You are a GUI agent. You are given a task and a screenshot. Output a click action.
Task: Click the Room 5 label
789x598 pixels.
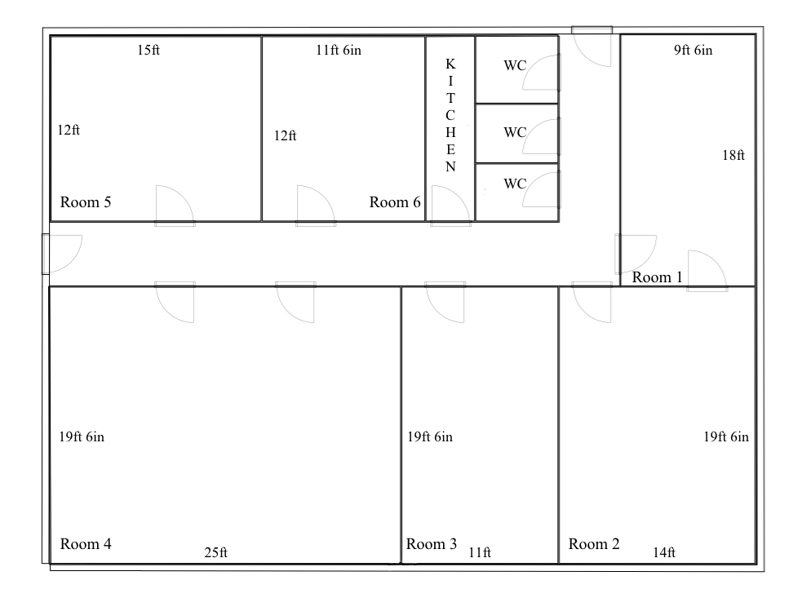click(x=86, y=202)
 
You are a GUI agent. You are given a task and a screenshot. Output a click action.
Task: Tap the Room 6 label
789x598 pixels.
click(x=395, y=202)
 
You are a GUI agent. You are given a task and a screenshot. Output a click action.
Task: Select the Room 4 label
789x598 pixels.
click(x=86, y=543)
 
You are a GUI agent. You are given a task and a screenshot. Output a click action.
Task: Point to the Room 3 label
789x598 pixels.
click(x=432, y=543)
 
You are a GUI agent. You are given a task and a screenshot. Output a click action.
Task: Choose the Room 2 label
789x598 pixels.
click(x=594, y=543)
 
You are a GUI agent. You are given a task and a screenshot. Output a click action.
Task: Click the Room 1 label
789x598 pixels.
click(x=657, y=277)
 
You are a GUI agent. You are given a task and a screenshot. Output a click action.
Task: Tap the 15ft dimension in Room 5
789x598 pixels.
click(x=148, y=50)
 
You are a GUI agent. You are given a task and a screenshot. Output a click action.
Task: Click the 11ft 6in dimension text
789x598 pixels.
click(x=339, y=50)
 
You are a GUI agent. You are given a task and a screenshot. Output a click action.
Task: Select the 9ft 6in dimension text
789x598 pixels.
click(x=694, y=50)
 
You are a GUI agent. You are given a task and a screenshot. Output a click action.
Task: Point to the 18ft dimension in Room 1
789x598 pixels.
click(x=734, y=155)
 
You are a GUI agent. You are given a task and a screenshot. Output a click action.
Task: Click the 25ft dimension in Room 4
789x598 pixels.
click(x=216, y=553)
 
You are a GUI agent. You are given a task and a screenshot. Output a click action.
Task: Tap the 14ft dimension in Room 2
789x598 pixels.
click(x=663, y=553)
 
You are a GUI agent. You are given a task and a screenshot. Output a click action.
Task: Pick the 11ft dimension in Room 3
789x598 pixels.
click(x=480, y=553)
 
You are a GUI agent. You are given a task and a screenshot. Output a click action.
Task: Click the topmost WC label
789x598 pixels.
click(x=515, y=65)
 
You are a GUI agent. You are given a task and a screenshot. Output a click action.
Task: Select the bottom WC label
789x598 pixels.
click(x=515, y=184)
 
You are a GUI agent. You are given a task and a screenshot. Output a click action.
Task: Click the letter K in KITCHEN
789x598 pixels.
click(x=450, y=64)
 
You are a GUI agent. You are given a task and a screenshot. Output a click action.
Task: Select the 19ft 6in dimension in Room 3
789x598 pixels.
click(x=430, y=436)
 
